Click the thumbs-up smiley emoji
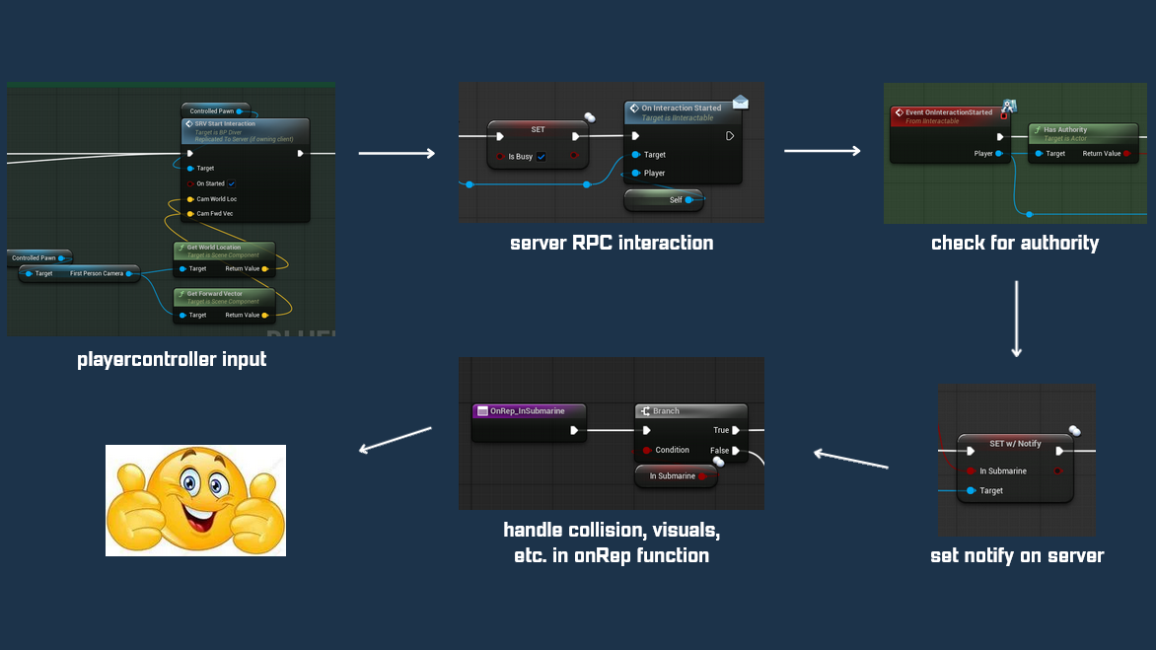coord(195,500)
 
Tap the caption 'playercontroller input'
coord(172,359)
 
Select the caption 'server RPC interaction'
coord(612,243)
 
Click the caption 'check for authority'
coord(1015,243)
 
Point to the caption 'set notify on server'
coord(1017,555)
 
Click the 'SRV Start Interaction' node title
coord(226,124)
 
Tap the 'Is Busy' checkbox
coord(542,157)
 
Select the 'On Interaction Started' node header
coord(681,108)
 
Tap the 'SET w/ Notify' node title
coord(1015,444)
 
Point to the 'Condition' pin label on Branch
coord(673,450)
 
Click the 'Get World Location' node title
coord(214,248)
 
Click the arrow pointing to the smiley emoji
coord(396,440)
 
